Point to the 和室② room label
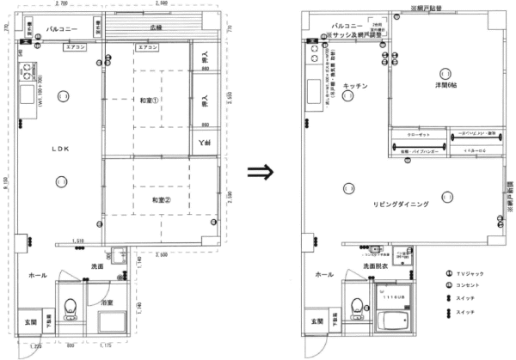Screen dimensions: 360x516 [x=152, y=199]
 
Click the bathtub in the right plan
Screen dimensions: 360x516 [x=392, y=324]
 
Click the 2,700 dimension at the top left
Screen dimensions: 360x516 [x=60, y=4]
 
